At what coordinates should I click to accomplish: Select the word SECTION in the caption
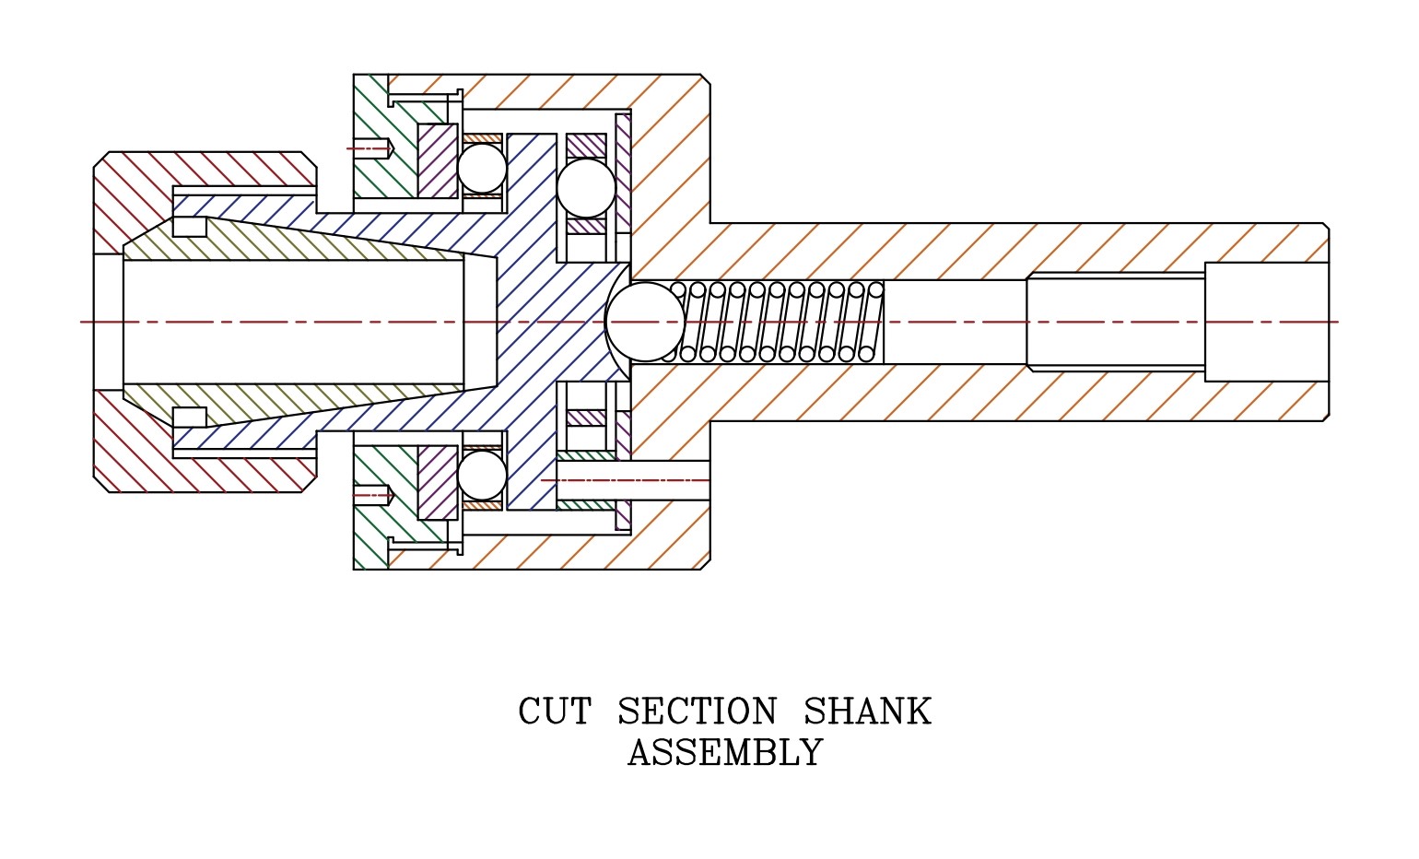697,712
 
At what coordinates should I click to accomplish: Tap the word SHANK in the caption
866,712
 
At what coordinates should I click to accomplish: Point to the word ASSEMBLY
724,754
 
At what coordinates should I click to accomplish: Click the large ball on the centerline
645,322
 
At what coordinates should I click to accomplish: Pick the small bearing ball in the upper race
482,169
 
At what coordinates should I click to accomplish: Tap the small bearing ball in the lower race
482,475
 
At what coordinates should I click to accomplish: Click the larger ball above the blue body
586,188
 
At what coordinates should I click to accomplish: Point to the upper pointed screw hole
374,147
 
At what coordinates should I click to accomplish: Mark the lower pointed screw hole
374,495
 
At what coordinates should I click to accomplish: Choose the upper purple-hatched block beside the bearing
438,160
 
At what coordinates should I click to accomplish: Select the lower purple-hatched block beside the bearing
438,482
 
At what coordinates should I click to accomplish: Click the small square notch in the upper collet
190,227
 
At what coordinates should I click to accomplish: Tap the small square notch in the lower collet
190,417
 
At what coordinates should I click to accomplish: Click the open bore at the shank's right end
1266,322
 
